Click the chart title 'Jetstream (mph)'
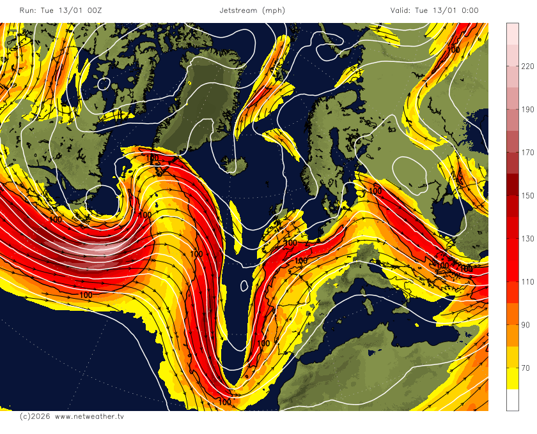coord(252,10)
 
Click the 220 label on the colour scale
coord(527,66)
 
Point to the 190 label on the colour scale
coord(527,110)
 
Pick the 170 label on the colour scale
coord(527,153)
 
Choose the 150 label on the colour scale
coord(527,196)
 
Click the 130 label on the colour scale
coord(527,239)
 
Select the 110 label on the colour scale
coord(527,282)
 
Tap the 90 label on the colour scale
coord(527,325)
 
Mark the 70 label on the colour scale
coord(527,368)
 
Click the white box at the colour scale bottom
coord(513,400)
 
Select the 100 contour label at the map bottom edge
coord(225,402)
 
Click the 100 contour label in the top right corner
coord(454,49)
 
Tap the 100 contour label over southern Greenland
coord(152,158)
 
